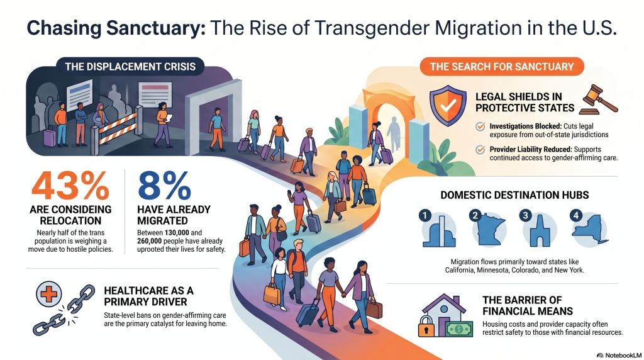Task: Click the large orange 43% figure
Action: (70, 186)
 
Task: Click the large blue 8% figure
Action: (164, 186)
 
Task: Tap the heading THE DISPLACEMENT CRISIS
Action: (130, 67)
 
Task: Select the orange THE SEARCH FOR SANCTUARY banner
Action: (501, 67)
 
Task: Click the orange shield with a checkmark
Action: (448, 106)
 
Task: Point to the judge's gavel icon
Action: (598, 99)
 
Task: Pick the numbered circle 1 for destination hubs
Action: (425, 215)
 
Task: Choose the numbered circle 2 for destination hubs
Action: (475, 215)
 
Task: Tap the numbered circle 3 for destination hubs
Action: (525, 215)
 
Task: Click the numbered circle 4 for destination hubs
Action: (576, 215)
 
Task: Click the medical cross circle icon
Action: (48, 294)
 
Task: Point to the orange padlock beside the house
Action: (426, 326)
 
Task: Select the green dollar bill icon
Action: (458, 329)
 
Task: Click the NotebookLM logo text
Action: (619, 355)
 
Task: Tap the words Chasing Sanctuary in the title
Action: (116, 28)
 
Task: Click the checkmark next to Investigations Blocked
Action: (480, 127)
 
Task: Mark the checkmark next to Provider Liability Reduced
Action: (480, 150)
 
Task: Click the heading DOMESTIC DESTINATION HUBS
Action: (514, 195)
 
